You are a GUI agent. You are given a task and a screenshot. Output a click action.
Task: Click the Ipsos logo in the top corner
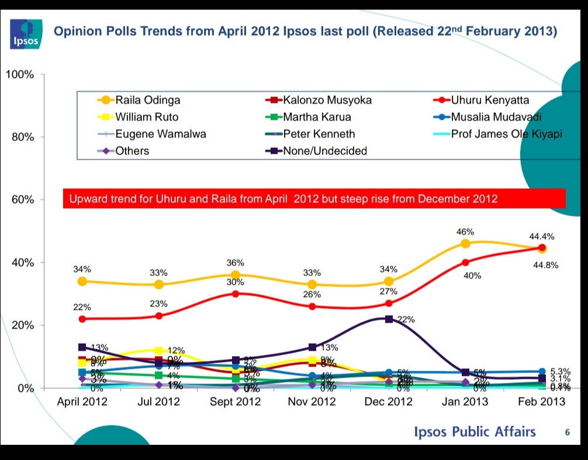click(26, 33)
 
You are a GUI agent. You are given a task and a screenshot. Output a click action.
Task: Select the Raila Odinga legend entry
click(139, 100)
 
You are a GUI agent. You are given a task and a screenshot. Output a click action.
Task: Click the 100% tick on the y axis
click(20, 75)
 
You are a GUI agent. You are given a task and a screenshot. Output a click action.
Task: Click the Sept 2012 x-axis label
click(235, 402)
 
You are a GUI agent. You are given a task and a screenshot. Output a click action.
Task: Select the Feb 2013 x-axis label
click(542, 402)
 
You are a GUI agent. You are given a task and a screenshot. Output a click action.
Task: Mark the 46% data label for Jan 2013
click(465, 232)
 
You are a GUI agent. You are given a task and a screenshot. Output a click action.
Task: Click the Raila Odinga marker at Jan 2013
click(465, 244)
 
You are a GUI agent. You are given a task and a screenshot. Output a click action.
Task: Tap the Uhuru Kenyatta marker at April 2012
click(82, 319)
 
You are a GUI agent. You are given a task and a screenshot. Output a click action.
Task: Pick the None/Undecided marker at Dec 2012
click(389, 319)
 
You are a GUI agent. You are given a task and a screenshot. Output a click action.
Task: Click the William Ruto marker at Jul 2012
click(158, 351)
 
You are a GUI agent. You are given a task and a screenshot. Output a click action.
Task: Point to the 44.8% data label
click(546, 265)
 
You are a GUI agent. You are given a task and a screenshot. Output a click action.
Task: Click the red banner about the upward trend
click(314, 199)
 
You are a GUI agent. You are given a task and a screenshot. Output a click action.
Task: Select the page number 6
click(566, 433)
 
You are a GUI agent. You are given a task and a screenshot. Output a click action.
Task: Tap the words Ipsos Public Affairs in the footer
click(475, 432)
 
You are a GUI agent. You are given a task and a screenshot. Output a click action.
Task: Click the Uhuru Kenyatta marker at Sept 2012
click(235, 293)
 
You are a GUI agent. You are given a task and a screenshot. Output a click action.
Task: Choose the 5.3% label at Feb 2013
click(559, 371)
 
